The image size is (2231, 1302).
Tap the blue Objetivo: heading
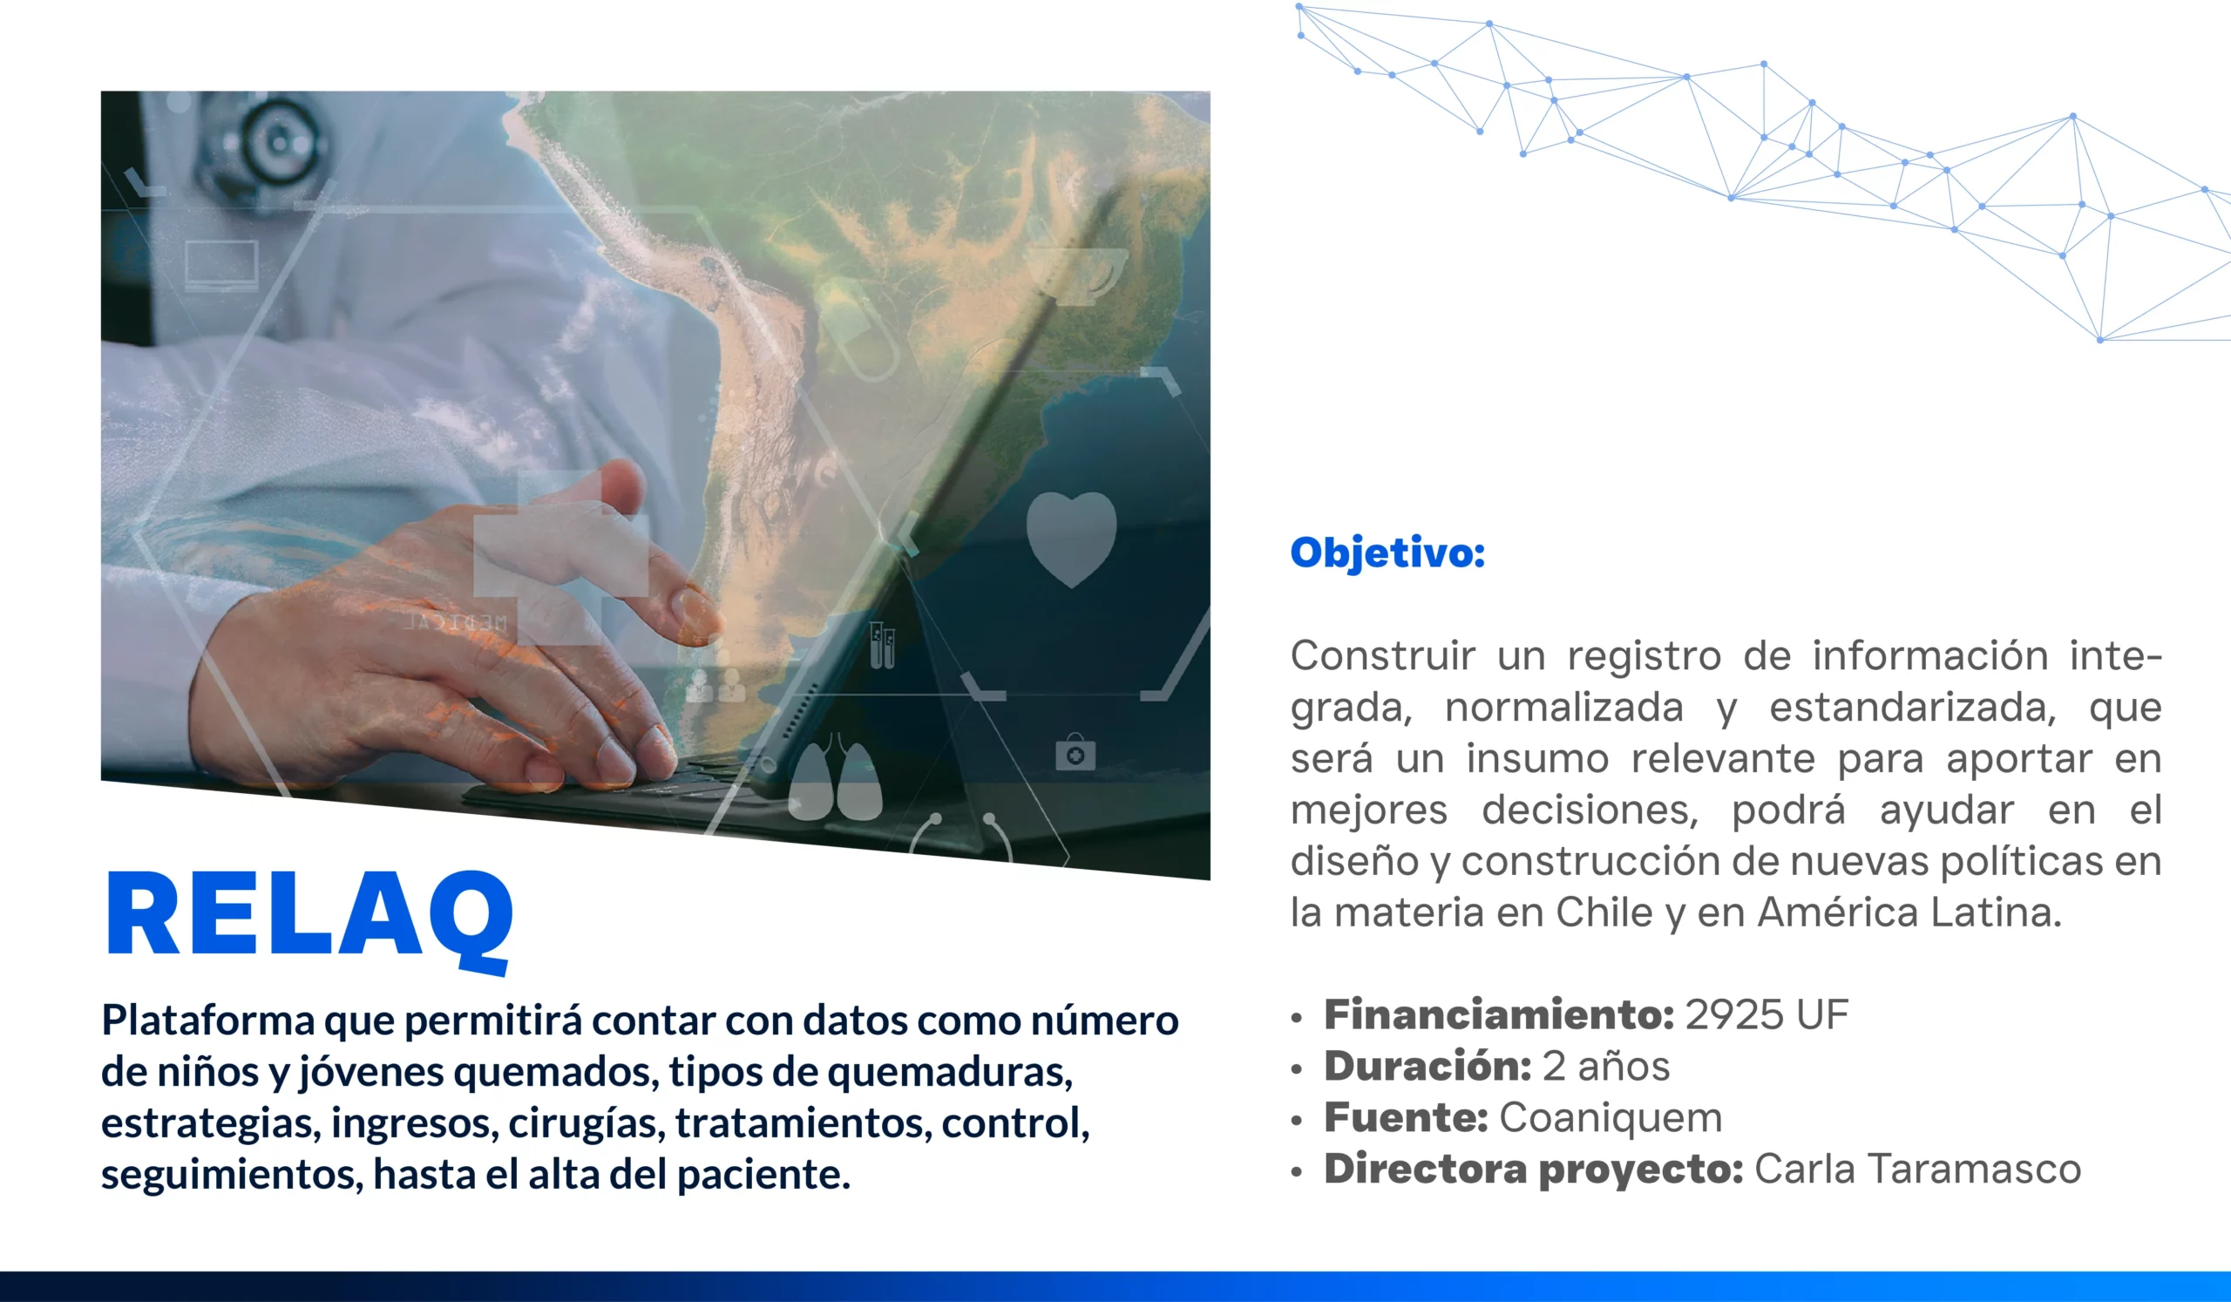coord(1387,553)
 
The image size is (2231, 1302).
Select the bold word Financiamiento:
coord(1499,1014)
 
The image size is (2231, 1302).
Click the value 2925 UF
coord(1766,1014)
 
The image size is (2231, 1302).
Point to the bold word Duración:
coord(1427,1066)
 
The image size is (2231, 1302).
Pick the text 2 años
coord(1606,1066)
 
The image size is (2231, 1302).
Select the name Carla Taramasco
coord(1917,1170)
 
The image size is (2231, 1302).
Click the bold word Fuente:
coord(1406,1117)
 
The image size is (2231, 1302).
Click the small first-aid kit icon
coord(1075,752)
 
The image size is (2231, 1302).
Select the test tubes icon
coord(882,645)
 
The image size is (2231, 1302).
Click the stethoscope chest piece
coord(276,142)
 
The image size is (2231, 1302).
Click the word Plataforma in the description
coord(208,1021)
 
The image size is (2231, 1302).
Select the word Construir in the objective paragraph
coord(1382,657)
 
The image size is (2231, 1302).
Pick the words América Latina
coord(1909,912)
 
